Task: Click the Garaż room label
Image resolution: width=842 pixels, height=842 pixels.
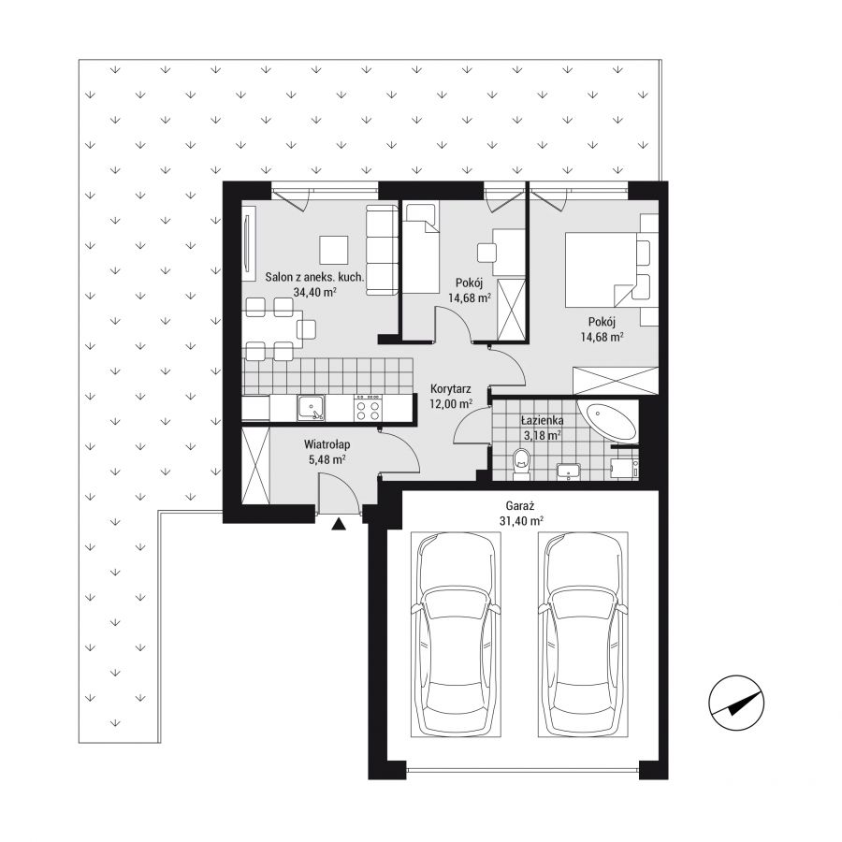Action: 520,505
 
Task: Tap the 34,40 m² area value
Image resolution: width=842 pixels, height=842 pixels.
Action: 315,292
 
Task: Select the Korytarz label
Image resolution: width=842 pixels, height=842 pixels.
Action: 451,389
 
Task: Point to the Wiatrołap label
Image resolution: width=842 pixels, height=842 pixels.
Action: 327,444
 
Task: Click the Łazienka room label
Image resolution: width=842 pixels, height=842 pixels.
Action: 543,421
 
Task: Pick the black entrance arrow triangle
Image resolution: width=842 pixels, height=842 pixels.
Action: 339,524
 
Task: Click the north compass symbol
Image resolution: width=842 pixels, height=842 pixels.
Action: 736,703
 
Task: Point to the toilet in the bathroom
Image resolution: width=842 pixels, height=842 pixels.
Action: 521,463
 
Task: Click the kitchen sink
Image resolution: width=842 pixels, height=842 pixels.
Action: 312,409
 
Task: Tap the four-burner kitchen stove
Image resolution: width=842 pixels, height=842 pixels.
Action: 369,409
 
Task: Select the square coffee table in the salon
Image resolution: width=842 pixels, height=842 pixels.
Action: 334,250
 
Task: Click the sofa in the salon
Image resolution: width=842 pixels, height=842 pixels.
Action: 382,250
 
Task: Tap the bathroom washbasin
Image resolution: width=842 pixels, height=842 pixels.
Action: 568,471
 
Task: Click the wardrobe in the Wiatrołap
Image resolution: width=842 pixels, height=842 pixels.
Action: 255,466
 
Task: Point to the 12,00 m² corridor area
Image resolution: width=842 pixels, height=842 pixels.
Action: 451,403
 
